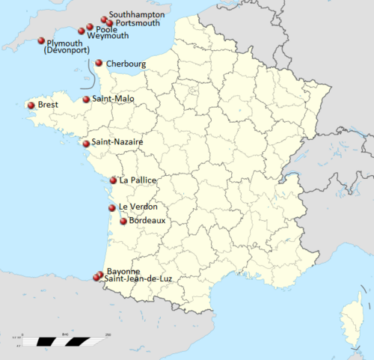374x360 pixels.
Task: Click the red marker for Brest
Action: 31,106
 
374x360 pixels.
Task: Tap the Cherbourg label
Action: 126,64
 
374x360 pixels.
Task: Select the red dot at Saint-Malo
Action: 87,99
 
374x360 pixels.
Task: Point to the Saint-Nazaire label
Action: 117,141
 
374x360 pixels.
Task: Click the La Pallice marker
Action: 113,180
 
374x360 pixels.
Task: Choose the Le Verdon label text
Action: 138,207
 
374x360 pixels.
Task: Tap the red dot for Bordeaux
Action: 123,221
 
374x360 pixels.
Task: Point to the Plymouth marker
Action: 41,42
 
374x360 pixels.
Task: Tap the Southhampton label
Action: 138,14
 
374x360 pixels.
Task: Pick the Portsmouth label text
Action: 138,23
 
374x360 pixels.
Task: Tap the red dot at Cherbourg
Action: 99,63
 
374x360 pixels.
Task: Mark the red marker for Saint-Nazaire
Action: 86,143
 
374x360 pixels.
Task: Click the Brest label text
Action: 48,106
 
